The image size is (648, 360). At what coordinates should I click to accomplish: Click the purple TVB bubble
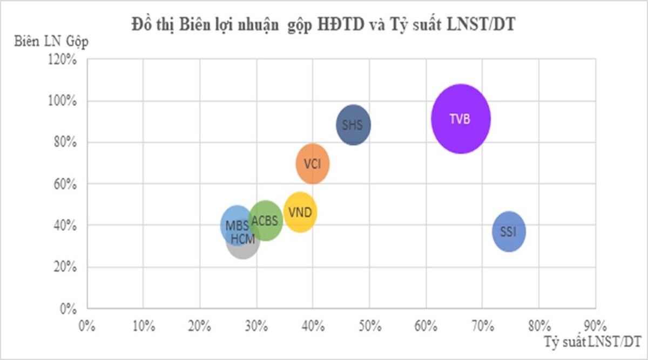461,119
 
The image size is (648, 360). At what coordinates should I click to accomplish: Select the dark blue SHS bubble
354,125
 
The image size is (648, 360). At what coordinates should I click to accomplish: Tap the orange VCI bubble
313,164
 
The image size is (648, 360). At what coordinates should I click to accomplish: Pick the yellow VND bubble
300,212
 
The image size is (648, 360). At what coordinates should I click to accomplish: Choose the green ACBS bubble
265,220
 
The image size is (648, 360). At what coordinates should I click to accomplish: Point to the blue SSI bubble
509,232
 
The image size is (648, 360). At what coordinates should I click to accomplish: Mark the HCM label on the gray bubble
242,238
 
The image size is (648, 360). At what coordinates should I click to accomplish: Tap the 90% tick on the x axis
595,326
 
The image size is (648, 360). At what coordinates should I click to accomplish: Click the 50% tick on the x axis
369,326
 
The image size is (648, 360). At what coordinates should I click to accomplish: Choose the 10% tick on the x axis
143,326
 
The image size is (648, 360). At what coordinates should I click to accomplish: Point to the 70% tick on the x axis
482,326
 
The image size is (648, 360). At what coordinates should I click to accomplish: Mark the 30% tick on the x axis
256,326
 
